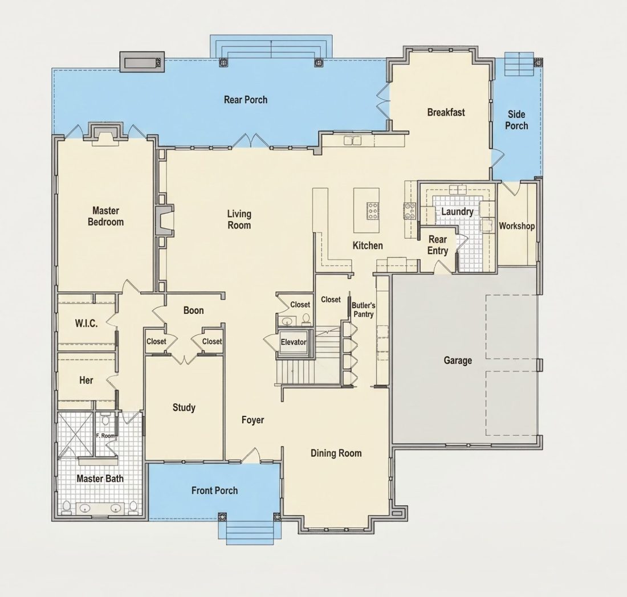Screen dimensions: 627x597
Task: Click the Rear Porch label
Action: tap(246, 100)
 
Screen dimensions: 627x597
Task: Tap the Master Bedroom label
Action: tap(105, 216)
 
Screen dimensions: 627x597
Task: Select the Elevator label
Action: tap(294, 342)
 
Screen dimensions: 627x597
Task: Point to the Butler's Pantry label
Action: tap(363, 310)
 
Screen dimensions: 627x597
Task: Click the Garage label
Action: tap(458, 361)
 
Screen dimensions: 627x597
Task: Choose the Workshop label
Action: tap(516, 226)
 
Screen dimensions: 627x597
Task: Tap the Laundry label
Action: tap(457, 212)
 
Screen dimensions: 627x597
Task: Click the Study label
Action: tap(184, 408)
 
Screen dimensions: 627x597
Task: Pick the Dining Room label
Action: tap(336, 453)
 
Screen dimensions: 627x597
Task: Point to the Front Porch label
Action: tap(214, 490)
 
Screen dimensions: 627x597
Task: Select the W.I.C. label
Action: tap(87, 323)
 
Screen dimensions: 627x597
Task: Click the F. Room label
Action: tap(105, 436)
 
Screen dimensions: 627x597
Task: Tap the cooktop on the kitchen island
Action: tap(373, 211)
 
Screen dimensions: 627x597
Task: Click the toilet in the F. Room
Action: tap(105, 419)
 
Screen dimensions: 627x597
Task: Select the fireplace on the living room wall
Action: tap(164, 221)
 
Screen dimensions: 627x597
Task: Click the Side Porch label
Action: tap(516, 120)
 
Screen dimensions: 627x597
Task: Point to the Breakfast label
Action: tap(446, 112)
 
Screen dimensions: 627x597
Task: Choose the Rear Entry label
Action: tap(437, 245)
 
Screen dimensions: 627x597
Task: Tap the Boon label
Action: tap(194, 310)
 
